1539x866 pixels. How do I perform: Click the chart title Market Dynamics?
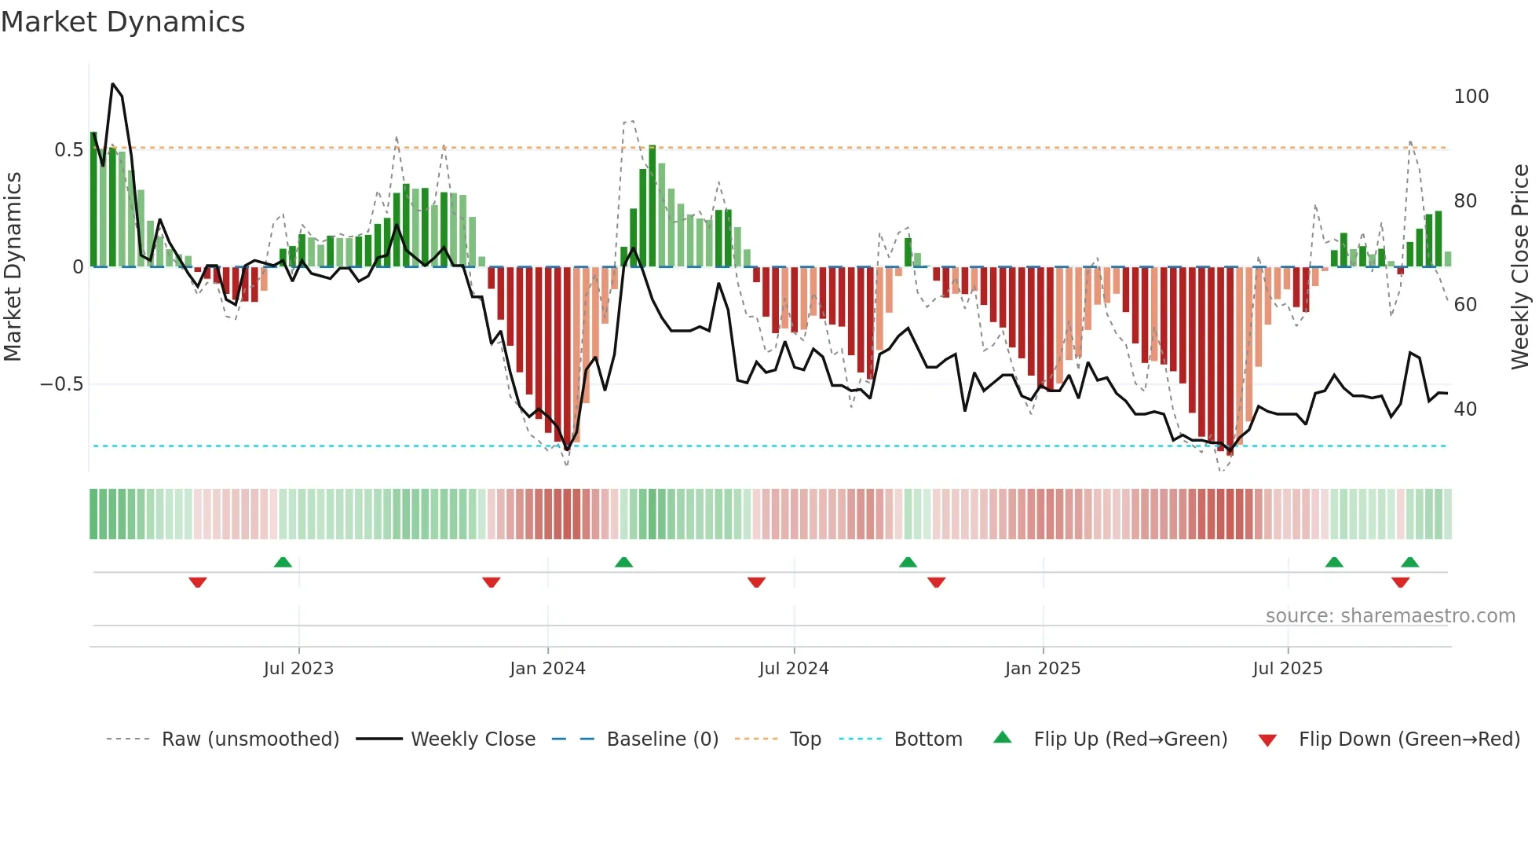point(122,22)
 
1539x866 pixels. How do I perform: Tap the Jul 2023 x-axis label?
point(298,669)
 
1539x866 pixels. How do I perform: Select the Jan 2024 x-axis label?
point(547,669)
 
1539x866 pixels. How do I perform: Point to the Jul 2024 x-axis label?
point(793,669)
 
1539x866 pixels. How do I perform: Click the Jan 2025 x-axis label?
point(1042,669)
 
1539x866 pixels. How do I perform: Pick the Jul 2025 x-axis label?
point(1287,669)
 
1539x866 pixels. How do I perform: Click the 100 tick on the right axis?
point(1471,97)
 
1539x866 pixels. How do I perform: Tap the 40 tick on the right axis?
point(1464,409)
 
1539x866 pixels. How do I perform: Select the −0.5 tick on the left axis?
point(61,384)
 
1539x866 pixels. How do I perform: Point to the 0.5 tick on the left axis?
point(68,150)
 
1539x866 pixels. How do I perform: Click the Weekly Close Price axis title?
point(1520,267)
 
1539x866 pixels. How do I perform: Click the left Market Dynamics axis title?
point(13,267)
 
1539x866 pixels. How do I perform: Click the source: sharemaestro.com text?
point(1390,616)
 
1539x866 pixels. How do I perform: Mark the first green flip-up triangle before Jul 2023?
point(283,562)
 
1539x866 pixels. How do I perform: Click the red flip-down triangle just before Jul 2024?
point(756,582)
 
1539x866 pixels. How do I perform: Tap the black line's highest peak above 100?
point(113,84)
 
